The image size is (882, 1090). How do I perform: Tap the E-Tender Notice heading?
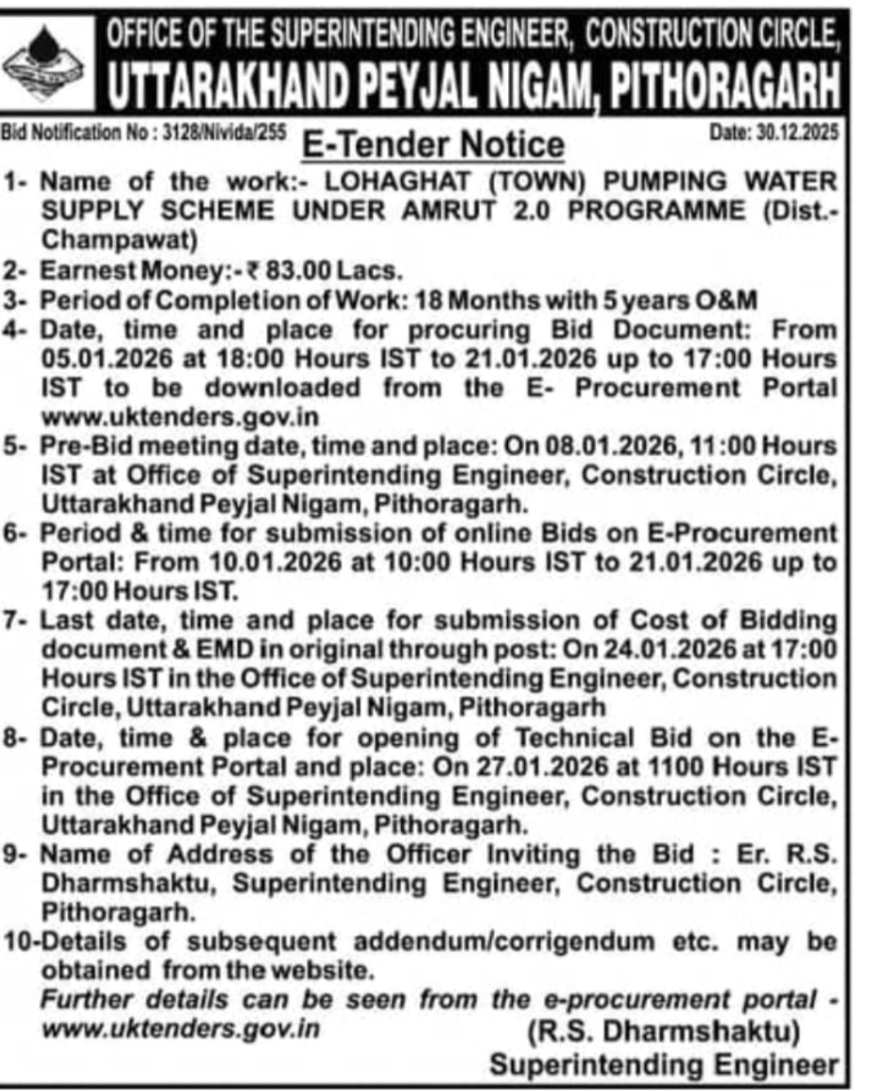[x=433, y=145]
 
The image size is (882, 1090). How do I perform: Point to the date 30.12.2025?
[x=797, y=132]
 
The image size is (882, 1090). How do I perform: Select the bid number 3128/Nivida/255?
[x=224, y=132]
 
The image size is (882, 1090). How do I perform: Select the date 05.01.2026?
[x=106, y=359]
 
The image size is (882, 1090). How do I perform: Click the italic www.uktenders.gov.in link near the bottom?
[x=180, y=1029]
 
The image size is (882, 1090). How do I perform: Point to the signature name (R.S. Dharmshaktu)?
[x=663, y=1031]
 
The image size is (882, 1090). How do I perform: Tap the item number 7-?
[x=18, y=621]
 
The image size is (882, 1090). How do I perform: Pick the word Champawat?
[x=119, y=240]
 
